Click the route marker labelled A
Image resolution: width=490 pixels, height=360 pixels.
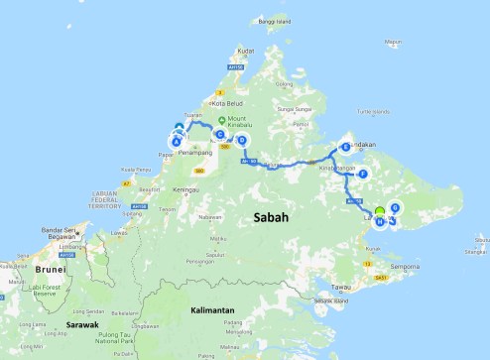point(177,142)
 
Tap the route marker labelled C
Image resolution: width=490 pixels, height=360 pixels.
point(220,134)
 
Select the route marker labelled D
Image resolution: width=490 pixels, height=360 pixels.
point(241,141)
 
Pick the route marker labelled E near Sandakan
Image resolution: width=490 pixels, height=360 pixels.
point(345,147)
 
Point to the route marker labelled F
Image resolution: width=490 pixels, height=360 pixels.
point(363,175)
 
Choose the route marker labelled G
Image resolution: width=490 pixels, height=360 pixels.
point(395,207)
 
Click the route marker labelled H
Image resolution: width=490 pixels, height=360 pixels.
point(380,221)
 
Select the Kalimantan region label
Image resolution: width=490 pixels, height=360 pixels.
point(212,310)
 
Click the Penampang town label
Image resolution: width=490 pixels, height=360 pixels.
point(195,153)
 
